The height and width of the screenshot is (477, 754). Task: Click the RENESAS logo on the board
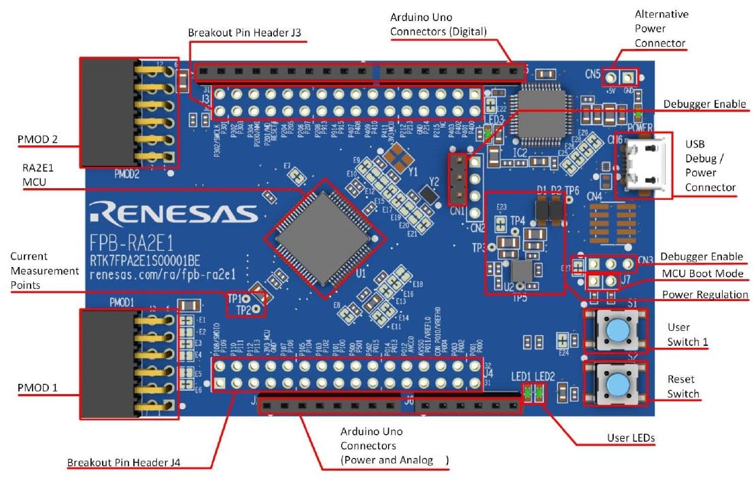coord(173,213)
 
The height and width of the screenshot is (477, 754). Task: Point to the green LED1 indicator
coord(526,392)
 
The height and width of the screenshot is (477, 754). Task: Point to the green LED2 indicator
coord(540,392)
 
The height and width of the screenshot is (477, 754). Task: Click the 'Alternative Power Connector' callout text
coord(660,29)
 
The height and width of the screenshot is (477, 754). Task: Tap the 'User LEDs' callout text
coord(631,438)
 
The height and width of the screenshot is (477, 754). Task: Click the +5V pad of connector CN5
coord(613,79)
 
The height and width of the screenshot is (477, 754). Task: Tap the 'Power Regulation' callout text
coord(705,295)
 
